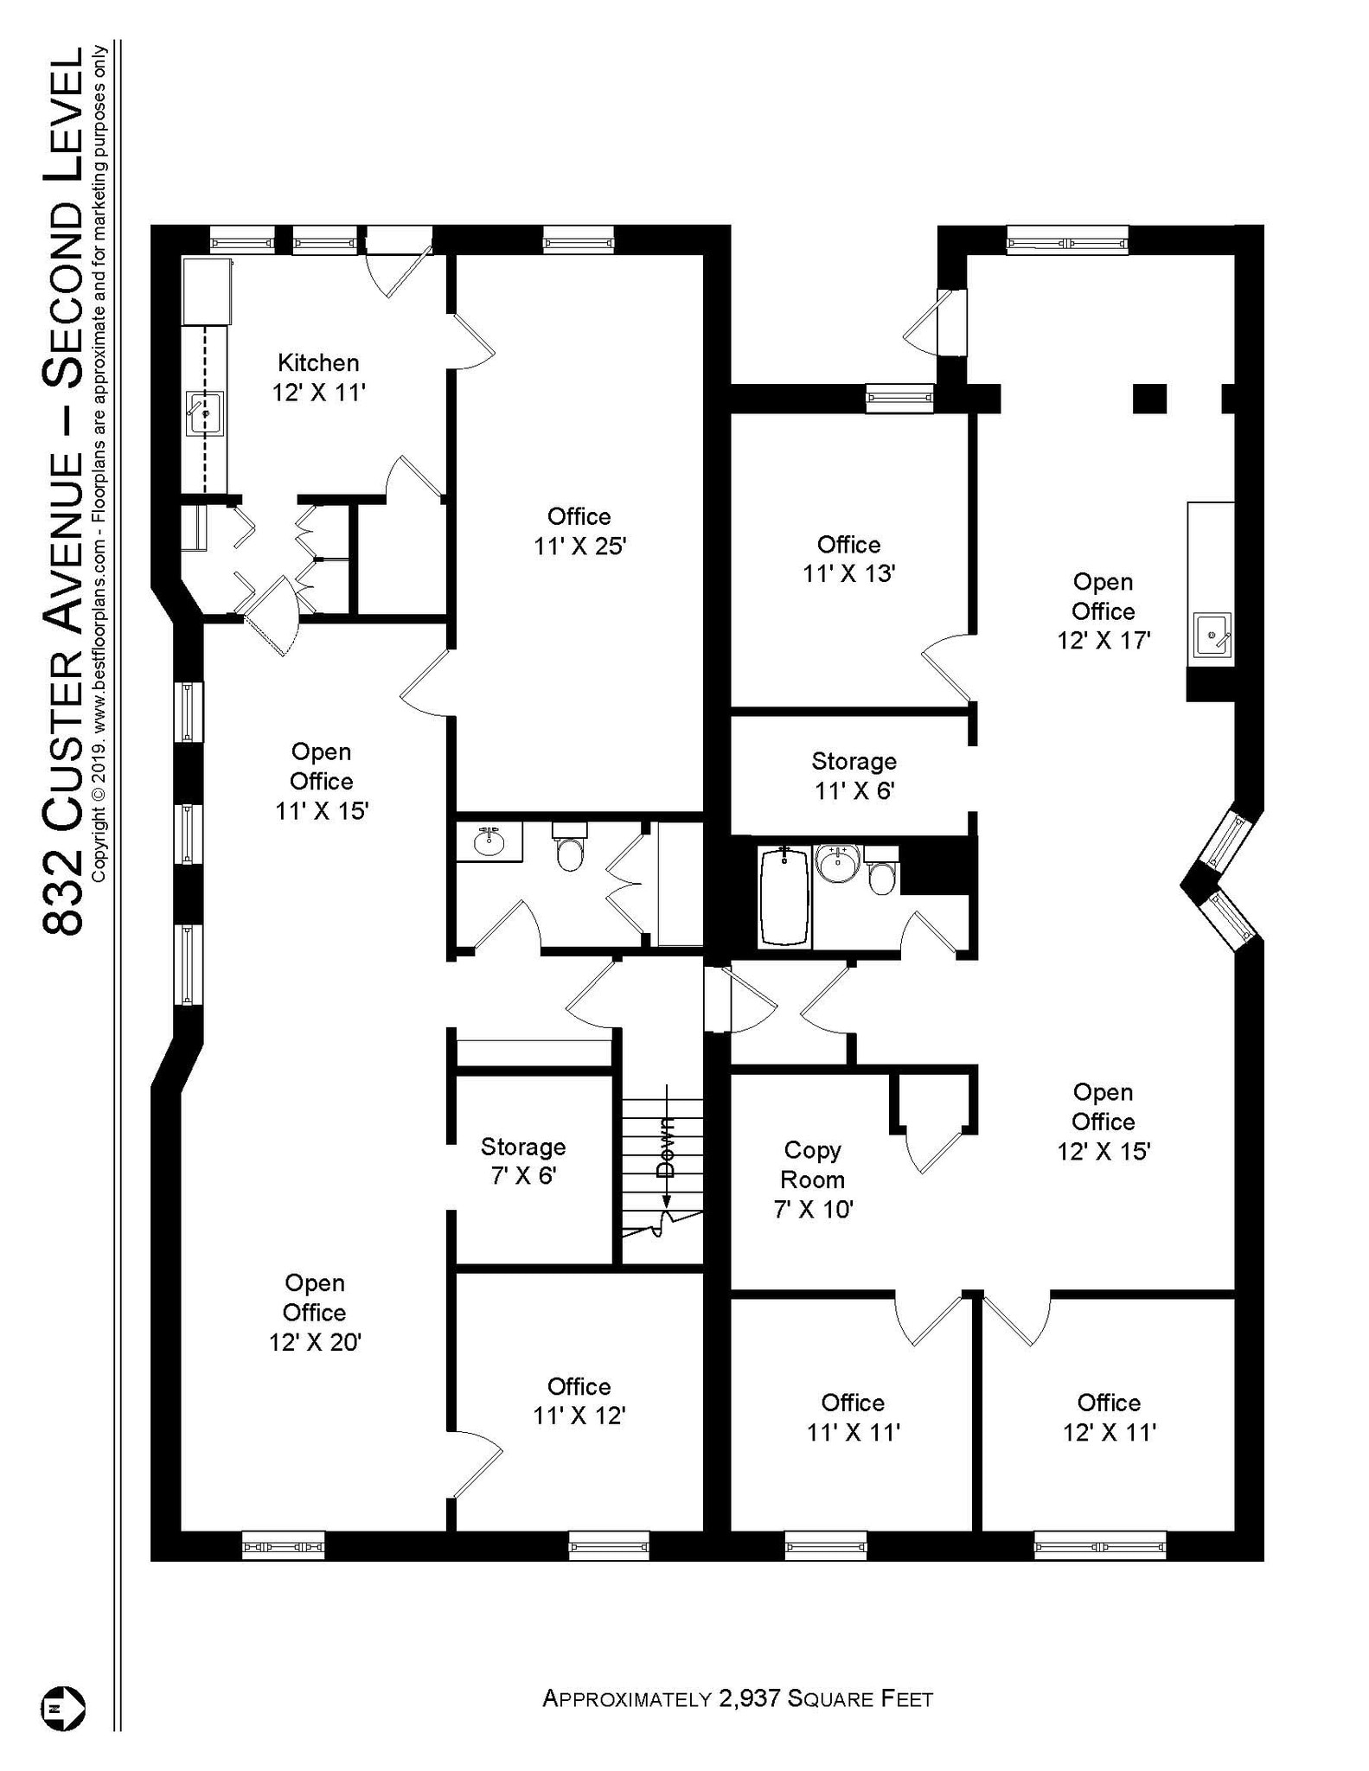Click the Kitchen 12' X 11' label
click(318, 378)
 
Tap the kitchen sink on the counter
click(205, 413)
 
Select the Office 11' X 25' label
click(579, 531)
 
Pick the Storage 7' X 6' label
click(523, 1161)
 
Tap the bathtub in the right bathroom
click(784, 897)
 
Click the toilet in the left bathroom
click(570, 852)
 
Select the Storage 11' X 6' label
click(854, 776)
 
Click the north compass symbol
click(62, 1709)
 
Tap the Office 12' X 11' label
click(1109, 1417)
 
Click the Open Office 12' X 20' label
click(315, 1312)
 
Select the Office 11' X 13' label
click(848, 559)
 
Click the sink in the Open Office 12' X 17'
click(1212, 636)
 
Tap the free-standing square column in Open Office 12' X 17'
click(1149, 399)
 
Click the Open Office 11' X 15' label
click(321, 781)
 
